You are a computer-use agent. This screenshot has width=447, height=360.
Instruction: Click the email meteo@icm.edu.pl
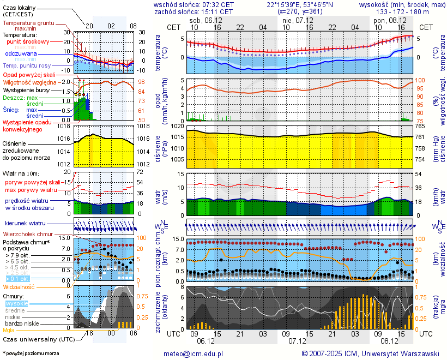coord(194,353)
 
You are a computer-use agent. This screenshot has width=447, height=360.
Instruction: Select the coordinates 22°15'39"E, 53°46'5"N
coord(300,4)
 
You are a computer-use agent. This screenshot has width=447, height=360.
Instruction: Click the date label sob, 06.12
coord(205,20)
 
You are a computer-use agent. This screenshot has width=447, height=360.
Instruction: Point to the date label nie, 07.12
coord(295,20)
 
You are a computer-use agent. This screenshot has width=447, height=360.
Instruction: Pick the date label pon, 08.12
coord(386,20)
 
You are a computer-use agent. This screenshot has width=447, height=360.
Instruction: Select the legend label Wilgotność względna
coord(29,82)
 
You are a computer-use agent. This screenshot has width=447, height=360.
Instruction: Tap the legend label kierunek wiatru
coord(25,224)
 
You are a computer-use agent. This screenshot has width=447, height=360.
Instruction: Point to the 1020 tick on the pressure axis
coord(178,126)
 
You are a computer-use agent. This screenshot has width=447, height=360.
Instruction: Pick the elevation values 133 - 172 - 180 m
coord(403,11)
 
